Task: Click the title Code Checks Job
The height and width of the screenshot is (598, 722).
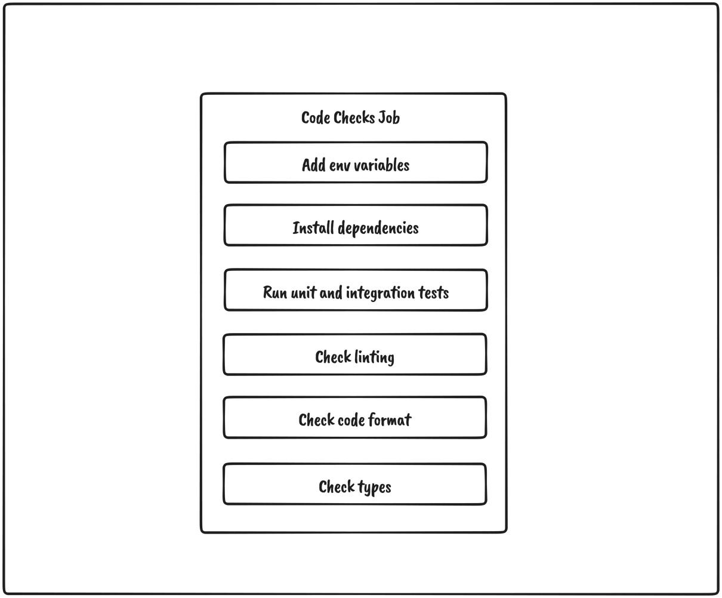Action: (x=350, y=118)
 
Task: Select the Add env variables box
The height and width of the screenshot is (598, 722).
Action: (x=356, y=162)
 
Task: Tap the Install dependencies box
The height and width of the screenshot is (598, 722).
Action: (x=356, y=226)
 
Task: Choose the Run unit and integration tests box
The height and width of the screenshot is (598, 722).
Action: (x=356, y=291)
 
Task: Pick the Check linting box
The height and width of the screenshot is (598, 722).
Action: (x=355, y=355)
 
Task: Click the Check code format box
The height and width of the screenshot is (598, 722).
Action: (x=355, y=418)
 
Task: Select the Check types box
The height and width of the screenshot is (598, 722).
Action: (x=355, y=484)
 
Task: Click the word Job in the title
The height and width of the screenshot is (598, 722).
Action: (x=389, y=118)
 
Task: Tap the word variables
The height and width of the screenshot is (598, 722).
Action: (x=385, y=165)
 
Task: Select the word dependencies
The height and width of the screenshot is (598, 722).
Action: (x=378, y=229)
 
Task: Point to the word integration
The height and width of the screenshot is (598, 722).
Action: (x=380, y=293)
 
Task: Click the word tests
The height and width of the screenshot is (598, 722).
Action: (x=434, y=293)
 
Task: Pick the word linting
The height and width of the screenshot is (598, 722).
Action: (x=375, y=357)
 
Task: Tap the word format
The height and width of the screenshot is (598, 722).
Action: (x=390, y=420)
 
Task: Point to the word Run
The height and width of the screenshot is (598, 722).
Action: (x=275, y=293)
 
